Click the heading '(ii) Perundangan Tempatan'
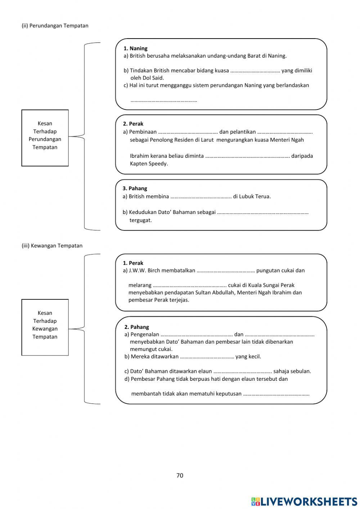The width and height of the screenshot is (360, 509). (55, 26)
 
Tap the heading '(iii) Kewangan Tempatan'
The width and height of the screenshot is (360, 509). (52, 246)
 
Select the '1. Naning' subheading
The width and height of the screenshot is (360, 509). (135, 48)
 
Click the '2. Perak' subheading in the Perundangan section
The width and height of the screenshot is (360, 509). (133, 124)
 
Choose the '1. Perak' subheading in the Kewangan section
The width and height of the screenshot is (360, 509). (133, 263)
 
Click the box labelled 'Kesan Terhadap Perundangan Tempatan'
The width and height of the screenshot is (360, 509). (45, 138)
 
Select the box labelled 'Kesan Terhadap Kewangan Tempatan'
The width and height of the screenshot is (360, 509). (45, 327)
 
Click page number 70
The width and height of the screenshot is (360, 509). (180, 475)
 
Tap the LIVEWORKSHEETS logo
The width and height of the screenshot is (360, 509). (304, 501)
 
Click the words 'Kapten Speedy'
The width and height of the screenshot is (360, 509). (149, 164)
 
